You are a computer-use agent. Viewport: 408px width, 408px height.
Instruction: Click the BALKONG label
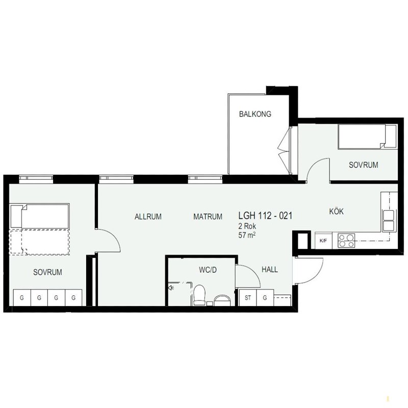click(255, 114)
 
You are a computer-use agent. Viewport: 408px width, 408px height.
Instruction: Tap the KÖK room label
click(336, 211)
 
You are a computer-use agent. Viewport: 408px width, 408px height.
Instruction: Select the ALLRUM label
click(148, 216)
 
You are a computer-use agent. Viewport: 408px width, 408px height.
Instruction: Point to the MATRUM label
click(208, 216)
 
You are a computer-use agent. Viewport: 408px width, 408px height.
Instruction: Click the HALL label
click(270, 269)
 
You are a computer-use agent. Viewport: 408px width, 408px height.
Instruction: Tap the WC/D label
click(208, 270)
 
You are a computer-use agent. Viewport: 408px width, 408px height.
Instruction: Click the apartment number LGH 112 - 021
click(265, 215)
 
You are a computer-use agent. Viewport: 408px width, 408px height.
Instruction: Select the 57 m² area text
click(247, 235)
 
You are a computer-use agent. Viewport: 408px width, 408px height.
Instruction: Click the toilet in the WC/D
click(199, 295)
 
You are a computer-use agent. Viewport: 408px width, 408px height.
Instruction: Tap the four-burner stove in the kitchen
click(346, 241)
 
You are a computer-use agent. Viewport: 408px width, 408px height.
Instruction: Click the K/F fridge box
click(323, 241)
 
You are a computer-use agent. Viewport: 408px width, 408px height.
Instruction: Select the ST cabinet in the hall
click(247, 298)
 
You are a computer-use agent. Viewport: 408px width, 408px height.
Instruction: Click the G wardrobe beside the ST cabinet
click(265, 298)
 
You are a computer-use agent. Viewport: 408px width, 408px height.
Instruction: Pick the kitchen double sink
click(389, 221)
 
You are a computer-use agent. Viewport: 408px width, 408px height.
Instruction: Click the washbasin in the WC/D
click(222, 300)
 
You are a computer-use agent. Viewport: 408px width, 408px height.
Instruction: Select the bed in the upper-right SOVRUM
click(367, 137)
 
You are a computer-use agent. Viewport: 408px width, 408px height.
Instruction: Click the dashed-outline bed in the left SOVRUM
click(40, 242)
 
